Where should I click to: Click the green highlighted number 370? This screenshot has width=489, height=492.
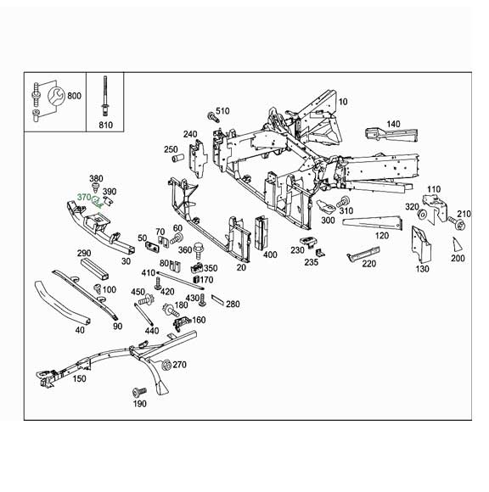(x=83, y=198)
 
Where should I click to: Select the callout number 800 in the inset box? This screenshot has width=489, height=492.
(x=74, y=96)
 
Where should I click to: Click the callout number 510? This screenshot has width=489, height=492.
(x=222, y=111)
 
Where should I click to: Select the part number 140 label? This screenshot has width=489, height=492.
(x=392, y=124)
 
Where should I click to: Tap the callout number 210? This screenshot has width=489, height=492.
(x=464, y=214)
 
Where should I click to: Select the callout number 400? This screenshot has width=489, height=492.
(x=270, y=254)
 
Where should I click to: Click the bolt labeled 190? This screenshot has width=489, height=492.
(x=138, y=393)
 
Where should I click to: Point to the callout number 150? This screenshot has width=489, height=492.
(x=80, y=378)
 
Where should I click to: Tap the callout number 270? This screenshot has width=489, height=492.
(x=179, y=365)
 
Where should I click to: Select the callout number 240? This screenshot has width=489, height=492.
(x=189, y=134)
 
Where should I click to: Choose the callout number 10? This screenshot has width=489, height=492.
(x=343, y=102)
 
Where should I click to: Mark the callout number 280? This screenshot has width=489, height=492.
(x=233, y=304)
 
